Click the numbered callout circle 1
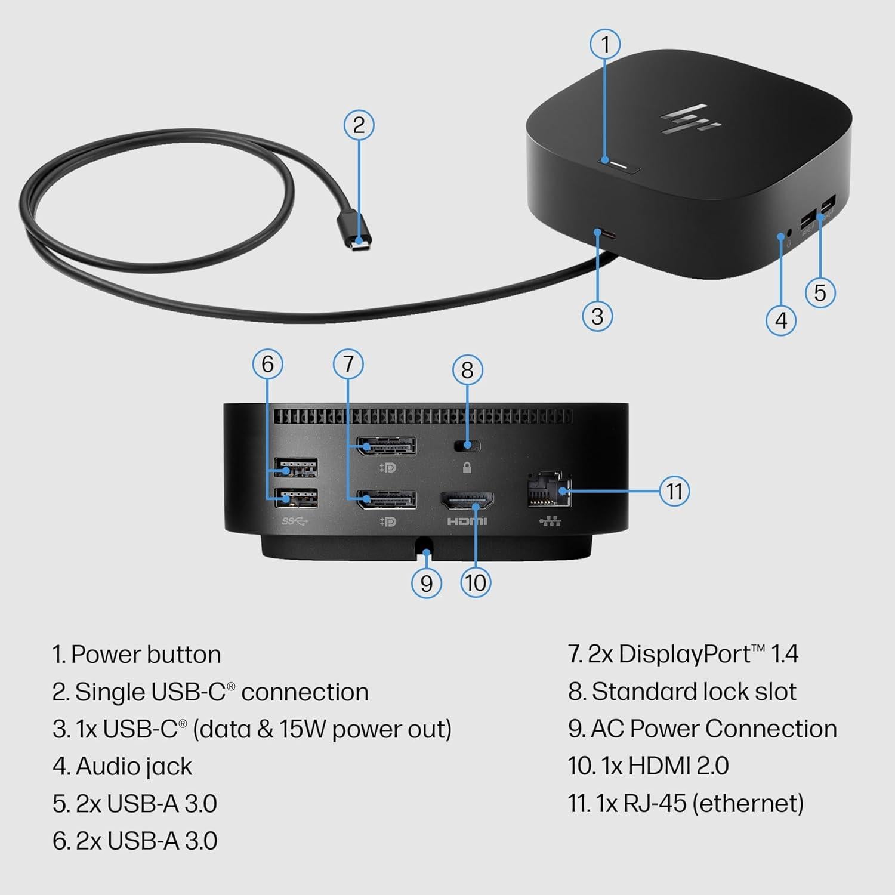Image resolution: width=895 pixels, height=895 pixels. pos(605,44)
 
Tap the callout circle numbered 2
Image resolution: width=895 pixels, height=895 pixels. pos(359,125)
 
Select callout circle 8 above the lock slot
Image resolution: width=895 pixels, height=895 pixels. pos(467,370)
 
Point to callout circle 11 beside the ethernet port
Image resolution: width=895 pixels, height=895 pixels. pos(674,491)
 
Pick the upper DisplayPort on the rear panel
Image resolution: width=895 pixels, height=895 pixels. pos(387,446)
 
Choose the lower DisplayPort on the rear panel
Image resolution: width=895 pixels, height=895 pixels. pos(387,499)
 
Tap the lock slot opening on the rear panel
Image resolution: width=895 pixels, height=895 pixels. pos(467,445)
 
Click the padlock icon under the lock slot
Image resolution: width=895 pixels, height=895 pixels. pos(467,468)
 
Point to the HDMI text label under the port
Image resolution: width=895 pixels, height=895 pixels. pos(467,521)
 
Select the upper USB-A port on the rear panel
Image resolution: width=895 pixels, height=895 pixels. pos(295,467)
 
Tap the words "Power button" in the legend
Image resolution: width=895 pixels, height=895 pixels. pos(146,655)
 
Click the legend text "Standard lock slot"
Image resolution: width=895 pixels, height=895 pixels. pos(693,692)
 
